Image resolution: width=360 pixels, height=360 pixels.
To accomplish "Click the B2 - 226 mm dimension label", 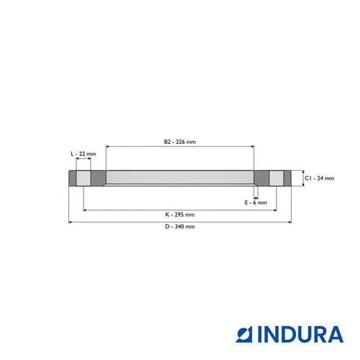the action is pyautogui.click(x=180, y=142).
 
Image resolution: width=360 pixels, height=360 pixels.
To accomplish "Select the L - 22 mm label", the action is pyautogui.click(x=84, y=154).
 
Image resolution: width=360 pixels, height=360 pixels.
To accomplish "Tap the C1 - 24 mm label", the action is pyautogui.click(x=319, y=178).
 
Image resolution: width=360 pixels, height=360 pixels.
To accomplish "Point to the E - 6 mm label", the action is pyautogui.click(x=256, y=202).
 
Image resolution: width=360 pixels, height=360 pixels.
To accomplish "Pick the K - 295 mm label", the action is pyautogui.click(x=180, y=215).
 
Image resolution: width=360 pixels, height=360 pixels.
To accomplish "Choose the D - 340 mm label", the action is pyautogui.click(x=180, y=227).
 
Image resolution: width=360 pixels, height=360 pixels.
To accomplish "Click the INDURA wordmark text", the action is pyautogui.click(x=300, y=334).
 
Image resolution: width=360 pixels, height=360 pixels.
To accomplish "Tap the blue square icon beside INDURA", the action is pyautogui.click(x=244, y=334).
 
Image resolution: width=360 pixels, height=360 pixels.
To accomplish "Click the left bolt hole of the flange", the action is pyautogui.click(x=84, y=178).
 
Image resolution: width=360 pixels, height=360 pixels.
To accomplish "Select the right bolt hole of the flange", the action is pyautogui.click(x=276, y=178).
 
